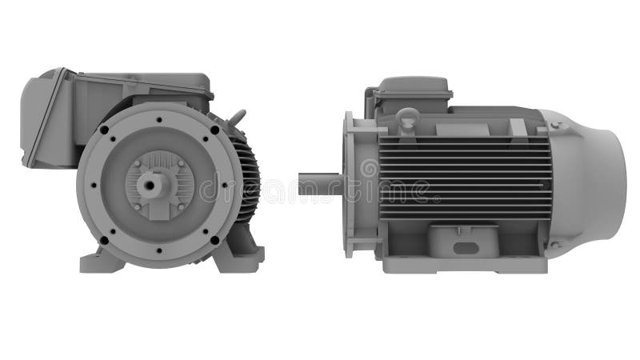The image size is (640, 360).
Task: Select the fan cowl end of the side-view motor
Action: pyautogui.click(x=588, y=183)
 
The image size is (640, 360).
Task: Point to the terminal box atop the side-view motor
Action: pyautogui.click(x=412, y=93)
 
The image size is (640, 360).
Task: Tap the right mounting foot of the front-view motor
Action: pyautogui.click(x=240, y=256)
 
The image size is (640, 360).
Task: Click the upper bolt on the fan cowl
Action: pyautogui.click(x=555, y=125)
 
